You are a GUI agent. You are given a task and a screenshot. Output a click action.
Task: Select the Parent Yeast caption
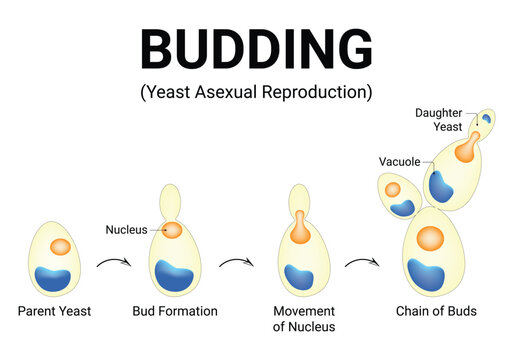pyautogui.click(x=54, y=311)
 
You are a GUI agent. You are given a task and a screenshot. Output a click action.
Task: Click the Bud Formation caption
pyautogui.click(x=175, y=311)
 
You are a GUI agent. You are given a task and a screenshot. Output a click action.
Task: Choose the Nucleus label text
pyautogui.click(x=126, y=230)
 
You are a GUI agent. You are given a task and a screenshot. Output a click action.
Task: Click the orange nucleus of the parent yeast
pyautogui.click(x=59, y=246)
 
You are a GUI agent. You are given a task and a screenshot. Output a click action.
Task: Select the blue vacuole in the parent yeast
pyautogui.click(x=53, y=279)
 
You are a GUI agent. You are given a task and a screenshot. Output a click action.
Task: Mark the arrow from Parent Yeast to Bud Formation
pyautogui.click(x=114, y=264)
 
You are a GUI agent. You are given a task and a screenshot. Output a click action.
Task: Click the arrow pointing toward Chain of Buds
pyautogui.click(x=362, y=264)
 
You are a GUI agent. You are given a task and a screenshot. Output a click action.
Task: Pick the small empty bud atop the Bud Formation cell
pyautogui.click(x=171, y=198)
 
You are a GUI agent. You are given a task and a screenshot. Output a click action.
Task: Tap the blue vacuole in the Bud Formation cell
pyautogui.click(x=174, y=274)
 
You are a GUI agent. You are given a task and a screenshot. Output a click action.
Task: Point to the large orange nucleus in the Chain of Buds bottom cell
pyautogui.click(x=430, y=238)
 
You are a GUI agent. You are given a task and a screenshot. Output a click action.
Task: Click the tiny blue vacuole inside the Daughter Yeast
pyautogui.click(x=486, y=119)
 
